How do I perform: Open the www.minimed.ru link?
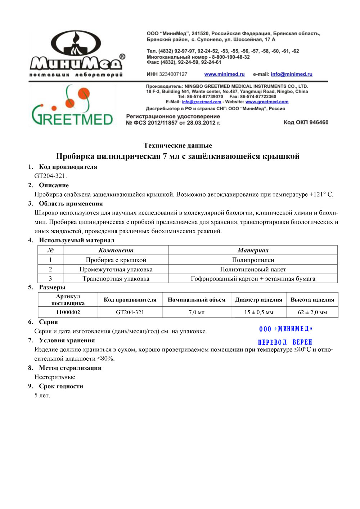coord(224,75)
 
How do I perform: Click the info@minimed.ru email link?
coord(292,75)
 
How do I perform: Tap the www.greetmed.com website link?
coord(267,102)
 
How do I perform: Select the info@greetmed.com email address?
coord(201,102)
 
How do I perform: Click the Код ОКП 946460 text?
coord(306,122)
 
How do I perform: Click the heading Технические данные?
coord(178,145)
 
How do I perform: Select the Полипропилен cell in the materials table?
coord(253,260)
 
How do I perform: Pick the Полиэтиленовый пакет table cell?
coord(253,269)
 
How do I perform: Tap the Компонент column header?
coord(116,251)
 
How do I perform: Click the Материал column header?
coord(253,251)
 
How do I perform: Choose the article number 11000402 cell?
coord(68,312)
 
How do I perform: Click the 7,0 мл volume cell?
coord(197,312)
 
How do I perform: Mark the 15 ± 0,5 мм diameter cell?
coord(258,312)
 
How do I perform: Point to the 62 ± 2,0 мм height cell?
coord(312,312)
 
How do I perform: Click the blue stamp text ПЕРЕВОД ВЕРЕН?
coord(285,342)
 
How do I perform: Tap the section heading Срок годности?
coord(61,386)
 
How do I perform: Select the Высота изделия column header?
coord(312,299)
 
